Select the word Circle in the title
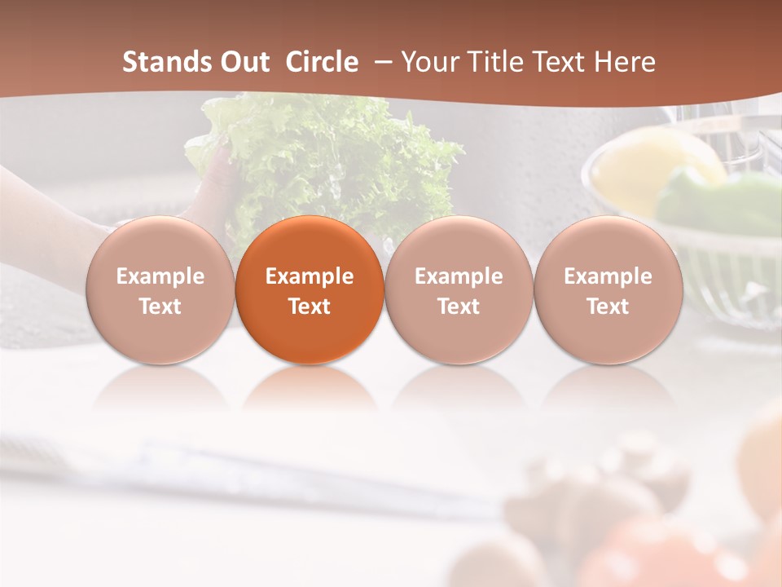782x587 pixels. tap(322, 62)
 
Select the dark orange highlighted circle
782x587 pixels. tap(310, 289)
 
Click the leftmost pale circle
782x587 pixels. tap(160, 289)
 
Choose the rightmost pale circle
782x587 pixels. tap(608, 289)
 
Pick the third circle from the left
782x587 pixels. tap(459, 289)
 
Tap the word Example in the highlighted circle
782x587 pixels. tap(310, 276)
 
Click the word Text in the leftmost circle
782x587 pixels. tap(160, 307)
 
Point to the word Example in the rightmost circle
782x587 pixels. tap(608, 276)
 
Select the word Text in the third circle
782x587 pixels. tap(459, 307)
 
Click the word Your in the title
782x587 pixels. tap(429, 62)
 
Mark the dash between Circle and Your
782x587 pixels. tap(380, 62)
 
